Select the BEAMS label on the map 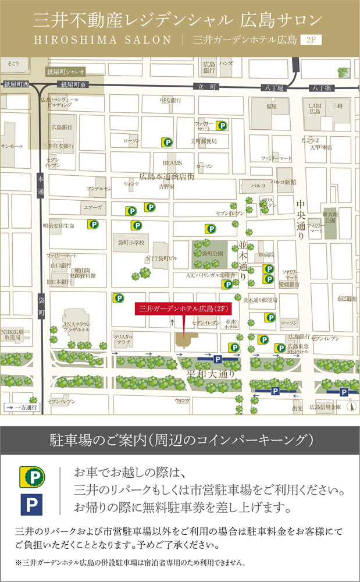pyautogui.click(x=172, y=163)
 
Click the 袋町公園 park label pyautogui.click(x=212, y=254)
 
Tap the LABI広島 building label pyautogui.click(x=315, y=109)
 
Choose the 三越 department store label pyautogui.click(x=337, y=107)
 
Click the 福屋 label pyautogui.click(x=272, y=107)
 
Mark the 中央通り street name pyautogui.click(x=301, y=221)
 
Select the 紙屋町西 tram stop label pyautogui.click(x=16, y=85)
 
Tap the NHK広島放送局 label pyautogui.click(x=12, y=333)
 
